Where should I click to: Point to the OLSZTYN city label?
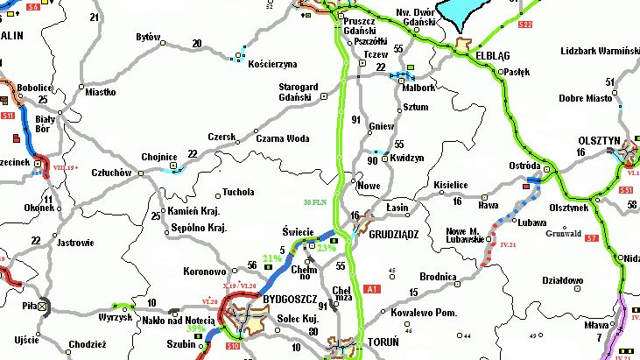[x=599, y=140]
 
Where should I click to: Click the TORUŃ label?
[x=383, y=341]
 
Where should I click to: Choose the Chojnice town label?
[x=159, y=159]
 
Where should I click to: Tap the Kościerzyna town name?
[x=273, y=64]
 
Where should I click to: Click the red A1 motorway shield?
[x=373, y=288]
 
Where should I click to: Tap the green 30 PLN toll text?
[x=315, y=202]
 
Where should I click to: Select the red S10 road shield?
[x=233, y=348]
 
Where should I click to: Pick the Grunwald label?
[x=563, y=234]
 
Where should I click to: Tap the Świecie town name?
[x=299, y=231]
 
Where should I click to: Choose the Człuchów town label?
[x=114, y=173]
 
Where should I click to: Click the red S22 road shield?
[x=525, y=25]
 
